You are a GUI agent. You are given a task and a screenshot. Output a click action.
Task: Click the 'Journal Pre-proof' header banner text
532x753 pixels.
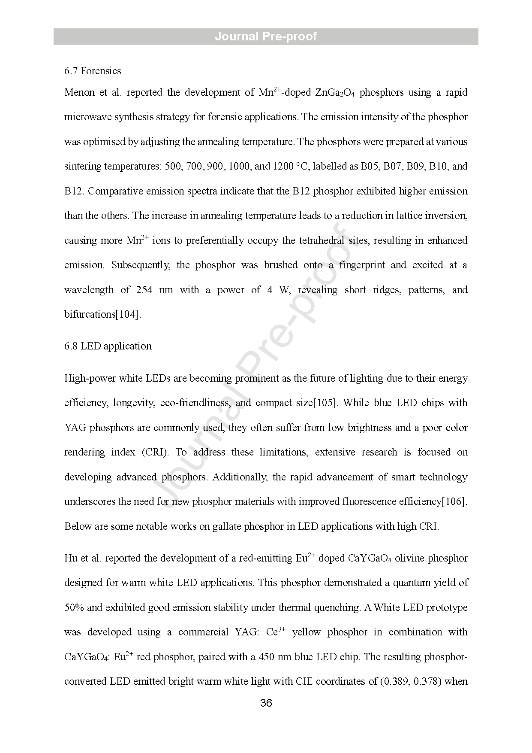pyautogui.click(x=266, y=36)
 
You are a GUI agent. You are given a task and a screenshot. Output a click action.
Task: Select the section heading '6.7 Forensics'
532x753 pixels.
pyautogui.click(x=93, y=71)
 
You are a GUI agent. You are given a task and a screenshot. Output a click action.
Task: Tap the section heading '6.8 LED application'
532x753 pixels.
pyautogui.click(x=108, y=346)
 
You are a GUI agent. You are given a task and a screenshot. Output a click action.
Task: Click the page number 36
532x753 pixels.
pyautogui.click(x=266, y=703)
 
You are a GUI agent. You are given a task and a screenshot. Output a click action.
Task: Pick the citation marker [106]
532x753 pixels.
pyautogui.click(x=454, y=502)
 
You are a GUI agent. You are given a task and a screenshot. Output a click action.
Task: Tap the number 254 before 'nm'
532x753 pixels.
pyautogui.click(x=144, y=290)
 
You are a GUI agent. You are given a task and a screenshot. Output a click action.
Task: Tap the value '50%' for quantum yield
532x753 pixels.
pyautogui.click(x=74, y=608)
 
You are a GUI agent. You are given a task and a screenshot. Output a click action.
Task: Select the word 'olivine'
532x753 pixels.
pyautogui.click(x=409, y=559)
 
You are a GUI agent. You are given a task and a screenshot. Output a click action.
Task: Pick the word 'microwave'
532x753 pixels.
pyautogui.click(x=87, y=117)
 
